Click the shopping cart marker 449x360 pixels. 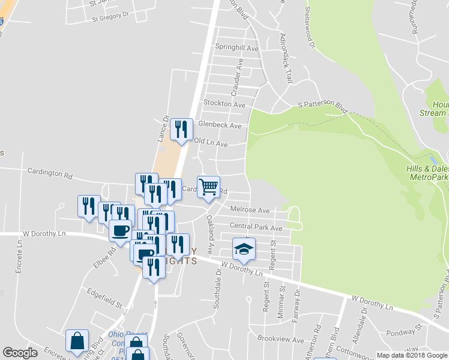[208, 187]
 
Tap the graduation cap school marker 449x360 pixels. [244, 249]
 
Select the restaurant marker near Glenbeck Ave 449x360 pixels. [181, 130]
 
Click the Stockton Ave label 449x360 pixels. [224, 104]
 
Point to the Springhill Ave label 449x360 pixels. [237, 48]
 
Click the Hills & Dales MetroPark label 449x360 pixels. [427, 173]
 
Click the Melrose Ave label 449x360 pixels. [250, 210]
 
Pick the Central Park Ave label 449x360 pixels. [256, 228]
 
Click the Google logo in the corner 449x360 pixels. [20, 353]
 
